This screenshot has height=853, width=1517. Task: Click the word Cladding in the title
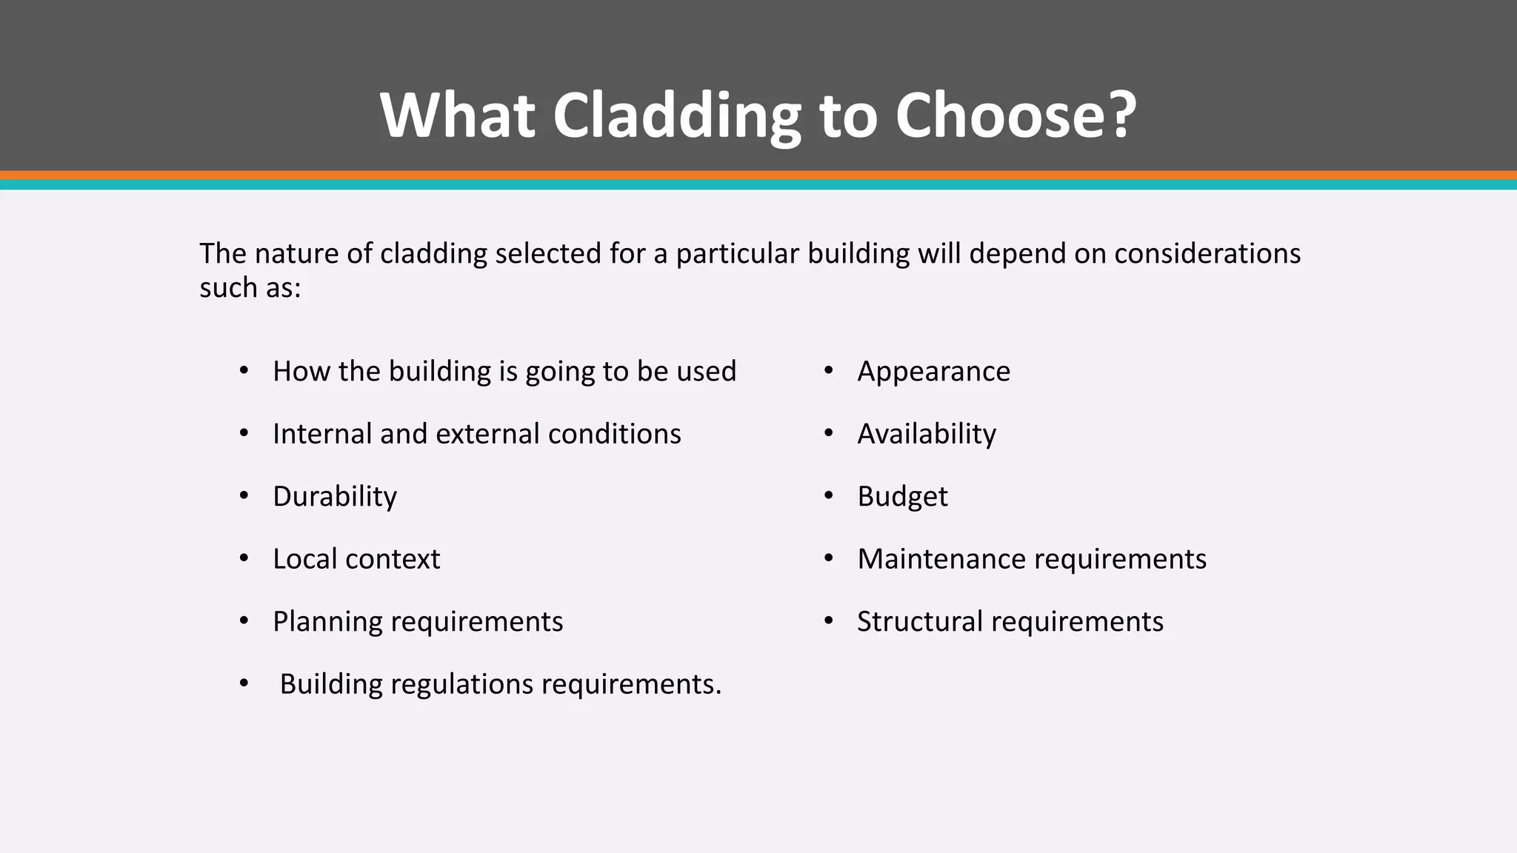(676, 116)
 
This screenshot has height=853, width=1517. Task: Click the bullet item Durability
(335, 496)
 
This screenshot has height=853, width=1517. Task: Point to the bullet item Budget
(902, 496)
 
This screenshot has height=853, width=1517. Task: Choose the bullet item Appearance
(933, 371)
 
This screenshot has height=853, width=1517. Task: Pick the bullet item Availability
(927, 434)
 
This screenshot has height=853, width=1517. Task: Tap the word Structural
(919, 621)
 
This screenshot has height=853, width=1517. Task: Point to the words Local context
(356, 559)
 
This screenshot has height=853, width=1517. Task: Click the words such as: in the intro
(250, 287)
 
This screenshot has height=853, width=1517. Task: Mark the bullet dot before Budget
(829, 495)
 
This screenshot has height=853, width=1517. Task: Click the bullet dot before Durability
(244, 495)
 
